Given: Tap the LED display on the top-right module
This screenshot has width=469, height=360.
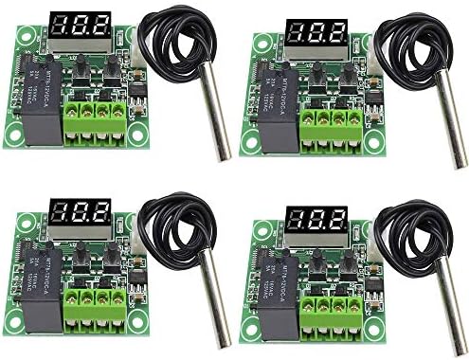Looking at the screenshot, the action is tap(316, 35).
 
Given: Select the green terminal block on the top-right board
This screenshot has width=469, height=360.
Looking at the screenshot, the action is tap(331, 128).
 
